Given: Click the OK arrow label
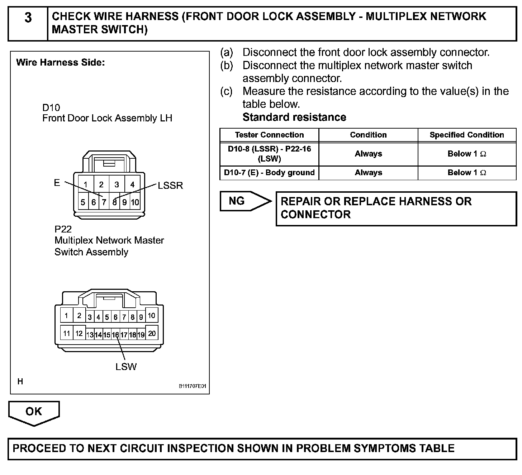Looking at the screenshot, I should [34, 412].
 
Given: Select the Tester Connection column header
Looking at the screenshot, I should [269, 135].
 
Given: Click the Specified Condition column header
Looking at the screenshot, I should [467, 135].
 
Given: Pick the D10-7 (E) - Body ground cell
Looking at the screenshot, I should [269, 173].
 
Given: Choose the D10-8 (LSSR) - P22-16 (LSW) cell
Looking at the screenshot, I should [269, 154].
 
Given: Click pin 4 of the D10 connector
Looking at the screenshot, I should [132, 185].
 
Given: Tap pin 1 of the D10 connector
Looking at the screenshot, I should [86, 185].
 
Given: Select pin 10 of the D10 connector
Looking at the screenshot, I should [135, 202].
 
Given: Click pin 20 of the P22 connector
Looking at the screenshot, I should [152, 334].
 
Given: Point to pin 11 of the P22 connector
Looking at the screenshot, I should [66, 334].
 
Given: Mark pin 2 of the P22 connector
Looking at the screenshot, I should [79, 316].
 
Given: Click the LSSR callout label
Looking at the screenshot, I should [170, 186].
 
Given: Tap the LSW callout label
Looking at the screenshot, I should [126, 367].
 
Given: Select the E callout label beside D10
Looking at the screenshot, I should [57, 183].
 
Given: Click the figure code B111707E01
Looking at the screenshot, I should [193, 387].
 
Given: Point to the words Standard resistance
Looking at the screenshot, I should [294, 117].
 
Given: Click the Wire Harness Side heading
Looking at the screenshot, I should [61, 63].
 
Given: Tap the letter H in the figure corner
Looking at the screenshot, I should [20, 382].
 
